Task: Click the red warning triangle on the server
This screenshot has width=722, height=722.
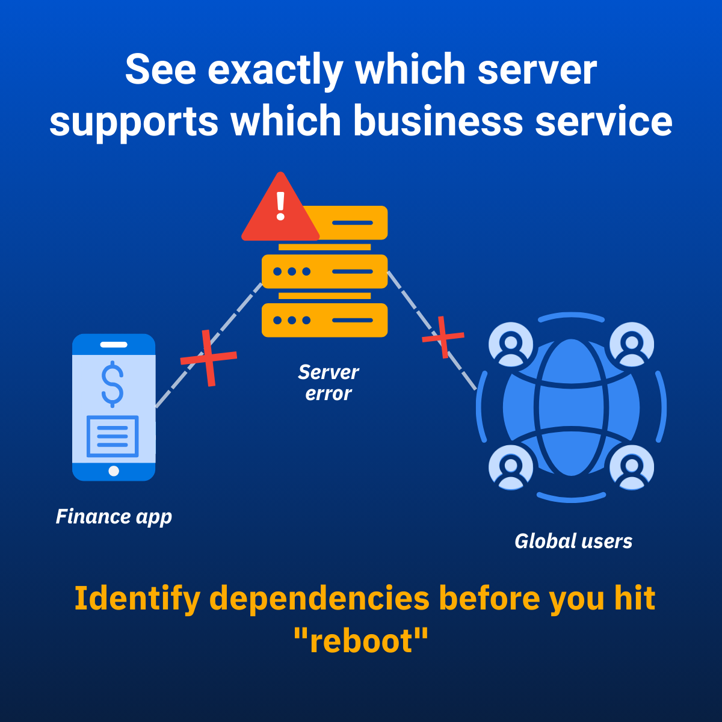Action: (x=280, y=210)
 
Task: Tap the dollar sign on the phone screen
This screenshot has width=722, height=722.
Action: (x=113, y=384)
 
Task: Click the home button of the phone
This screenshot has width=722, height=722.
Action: (x=114, y=471)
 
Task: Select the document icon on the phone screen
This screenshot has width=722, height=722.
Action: (x=113, y=436)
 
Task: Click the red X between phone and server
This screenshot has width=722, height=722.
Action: (x=209, y=357)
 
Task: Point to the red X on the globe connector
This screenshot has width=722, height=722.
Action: (x=443, y=337)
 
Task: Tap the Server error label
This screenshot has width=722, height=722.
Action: (x=329, y=383)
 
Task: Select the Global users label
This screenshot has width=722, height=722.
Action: (x=573, y=541)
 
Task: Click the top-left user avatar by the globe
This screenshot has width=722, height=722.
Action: (x=511, y=344)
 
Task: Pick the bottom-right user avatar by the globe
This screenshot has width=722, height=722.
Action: (x=632, y=467)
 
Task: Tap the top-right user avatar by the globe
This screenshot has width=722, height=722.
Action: (x=632, y=344)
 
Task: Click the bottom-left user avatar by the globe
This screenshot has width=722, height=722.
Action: (x=511, y=467)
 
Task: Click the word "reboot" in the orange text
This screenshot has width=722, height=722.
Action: (x=361, y=641)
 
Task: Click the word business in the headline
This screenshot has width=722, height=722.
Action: (x=437, y=121)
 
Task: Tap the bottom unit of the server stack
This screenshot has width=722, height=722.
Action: (x=324, y=320)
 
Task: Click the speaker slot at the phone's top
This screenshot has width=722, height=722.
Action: (x=114, y=344)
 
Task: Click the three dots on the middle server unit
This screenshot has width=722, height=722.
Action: (x=292, y=271)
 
